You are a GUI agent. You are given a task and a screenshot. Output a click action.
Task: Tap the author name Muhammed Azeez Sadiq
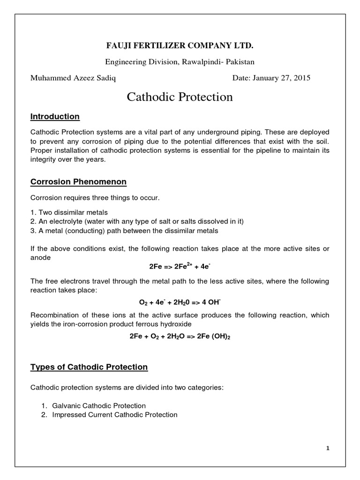click(x=73, y=78)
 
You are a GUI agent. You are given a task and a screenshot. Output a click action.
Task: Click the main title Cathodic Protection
click(x=180, y=97)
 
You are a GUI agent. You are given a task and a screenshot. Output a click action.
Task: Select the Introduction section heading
click(x=55, y=116)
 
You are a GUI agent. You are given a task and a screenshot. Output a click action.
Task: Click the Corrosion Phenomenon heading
click(x=78, y=181)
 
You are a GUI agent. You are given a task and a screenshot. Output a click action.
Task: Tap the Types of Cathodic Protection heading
click(x=89, y=367)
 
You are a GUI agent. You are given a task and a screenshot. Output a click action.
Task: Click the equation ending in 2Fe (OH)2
click(x=180, y=336)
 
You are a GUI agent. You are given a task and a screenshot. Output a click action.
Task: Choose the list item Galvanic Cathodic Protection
click(x=99, y=405)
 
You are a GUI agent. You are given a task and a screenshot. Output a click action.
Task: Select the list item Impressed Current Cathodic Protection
click(x=115, y=414)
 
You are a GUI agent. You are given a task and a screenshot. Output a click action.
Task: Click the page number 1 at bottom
click(x=328, y=448)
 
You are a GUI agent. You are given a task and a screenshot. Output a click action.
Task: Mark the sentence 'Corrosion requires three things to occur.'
click(x=95, y=198)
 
